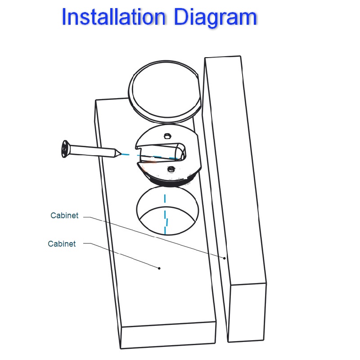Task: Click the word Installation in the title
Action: [x=114, y=17]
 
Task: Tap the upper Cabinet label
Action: [x=64, y=216]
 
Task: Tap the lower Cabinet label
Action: [x=62, y=244]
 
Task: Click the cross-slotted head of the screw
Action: [x=65, y=149]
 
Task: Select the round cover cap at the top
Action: [x=164, y=91]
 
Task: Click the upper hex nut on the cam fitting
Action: [x=167, y=136]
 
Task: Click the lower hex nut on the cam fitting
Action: [x=171, y=170]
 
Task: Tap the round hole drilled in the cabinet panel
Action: [x=167, y=211]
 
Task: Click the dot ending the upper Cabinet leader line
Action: [x=225, y=258]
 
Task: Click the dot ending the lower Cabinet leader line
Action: [x=159, y=268]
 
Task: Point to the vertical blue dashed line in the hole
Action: [x=165, y=215]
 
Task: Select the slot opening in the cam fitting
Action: [x=161, y=152]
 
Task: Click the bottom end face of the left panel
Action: [x=168, y=335]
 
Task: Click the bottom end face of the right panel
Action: [x=247, y=313]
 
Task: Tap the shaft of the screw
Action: [x=92, y=151]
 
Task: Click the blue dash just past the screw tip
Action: [x=126, y=154]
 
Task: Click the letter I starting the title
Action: [x=64, y=17]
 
